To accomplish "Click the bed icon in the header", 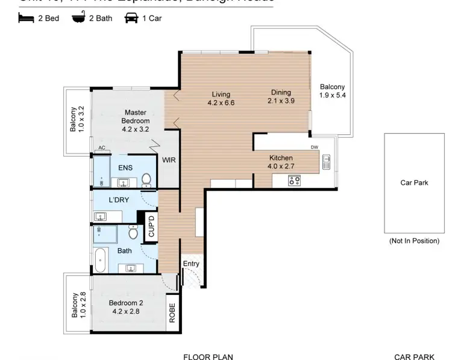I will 25,18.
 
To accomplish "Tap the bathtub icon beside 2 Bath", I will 78,18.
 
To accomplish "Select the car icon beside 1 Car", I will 130,18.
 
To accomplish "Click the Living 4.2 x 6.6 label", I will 221,98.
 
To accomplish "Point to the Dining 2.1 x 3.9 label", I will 281,96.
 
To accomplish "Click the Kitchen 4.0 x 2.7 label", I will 281,162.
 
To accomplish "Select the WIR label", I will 168,160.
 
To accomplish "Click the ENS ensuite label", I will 125,167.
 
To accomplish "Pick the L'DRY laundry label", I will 119,199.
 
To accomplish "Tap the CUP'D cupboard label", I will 151,226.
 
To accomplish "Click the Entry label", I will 191,264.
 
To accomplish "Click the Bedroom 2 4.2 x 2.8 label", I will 126,308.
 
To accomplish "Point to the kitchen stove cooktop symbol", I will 295,179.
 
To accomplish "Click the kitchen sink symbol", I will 326,161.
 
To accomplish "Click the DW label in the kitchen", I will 314,147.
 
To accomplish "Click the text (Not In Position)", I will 413,241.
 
